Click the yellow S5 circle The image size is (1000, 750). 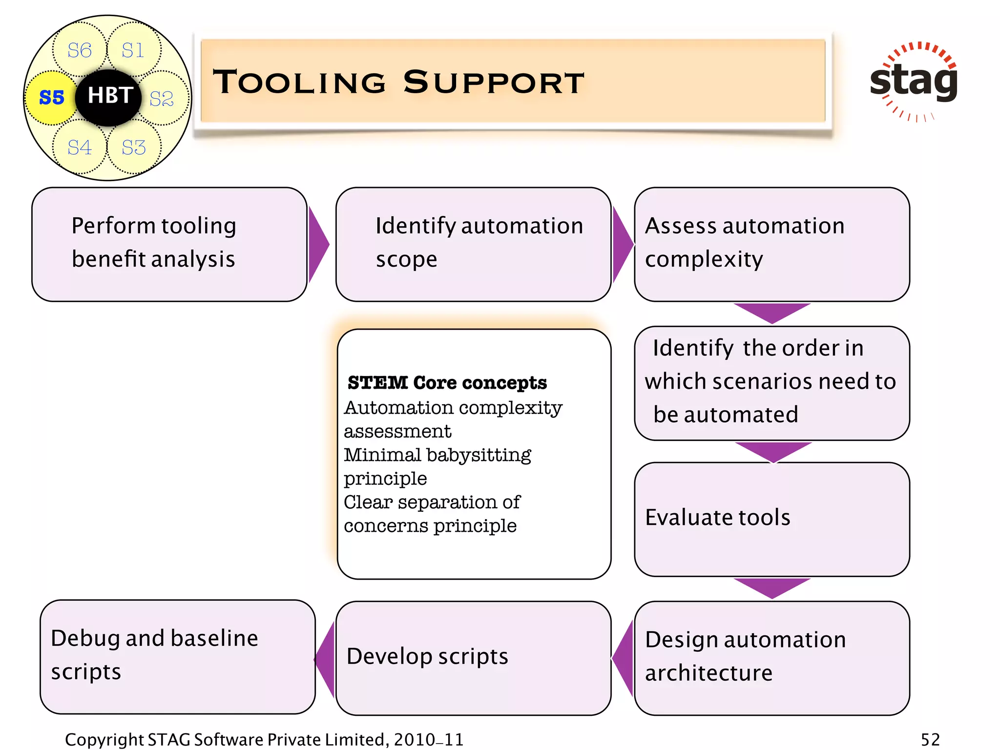(51, 97)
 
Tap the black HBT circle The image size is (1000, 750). (108, 96)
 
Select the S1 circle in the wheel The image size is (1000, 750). (133, 50)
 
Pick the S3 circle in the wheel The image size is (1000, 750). (133, 147)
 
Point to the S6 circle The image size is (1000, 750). (79, 50)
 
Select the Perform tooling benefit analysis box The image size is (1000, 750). (169, 244)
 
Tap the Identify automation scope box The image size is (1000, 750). (473, 244)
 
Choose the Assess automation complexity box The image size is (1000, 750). (771, 244)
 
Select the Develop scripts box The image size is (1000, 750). (473, 657)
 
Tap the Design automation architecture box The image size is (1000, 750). (771, 657)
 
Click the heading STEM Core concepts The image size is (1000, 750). (447, 383)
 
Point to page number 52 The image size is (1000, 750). (930, 739)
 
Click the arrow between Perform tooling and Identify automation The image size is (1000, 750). (318, 244)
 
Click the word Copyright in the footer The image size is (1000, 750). (104, 739)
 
